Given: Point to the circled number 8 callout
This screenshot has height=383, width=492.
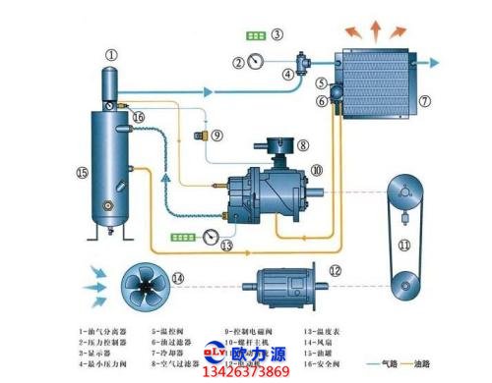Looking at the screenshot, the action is click(304, 145).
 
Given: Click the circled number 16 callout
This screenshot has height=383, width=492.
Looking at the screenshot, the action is click(139, 118).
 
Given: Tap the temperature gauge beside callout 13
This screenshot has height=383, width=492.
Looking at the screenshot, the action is click(210, 235).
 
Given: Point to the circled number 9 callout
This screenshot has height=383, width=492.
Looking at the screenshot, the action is click(216, 135).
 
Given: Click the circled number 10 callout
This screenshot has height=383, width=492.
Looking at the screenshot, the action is click(316, 170).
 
